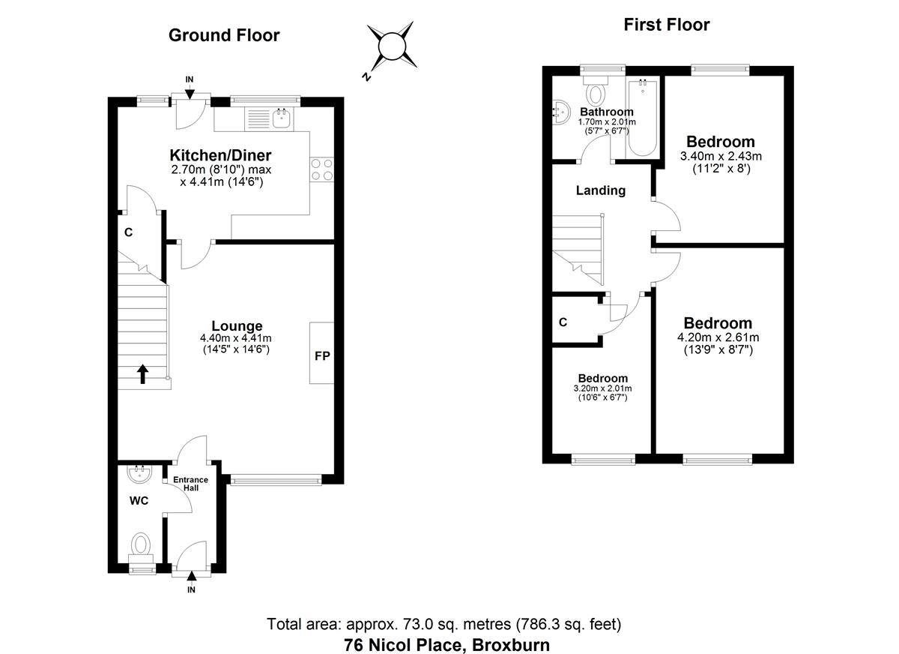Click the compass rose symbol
pyautogui.click(x=390, y=47)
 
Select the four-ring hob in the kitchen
pyautogui.click(x=321, y=169)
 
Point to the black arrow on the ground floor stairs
pyautogui.click(x=143, y=373)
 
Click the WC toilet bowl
pyautogui.click(x=141, y=543)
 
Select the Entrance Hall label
pyautogui.click(x=190, y=483)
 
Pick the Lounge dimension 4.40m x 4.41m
pyautogui.click(x=237, y=338)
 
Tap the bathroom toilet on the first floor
pyautogui.click(x=596, y=93)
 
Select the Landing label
pyautogui.click(x=600, y=190)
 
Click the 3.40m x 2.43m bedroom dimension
pyautogui.click(x=720, y=157)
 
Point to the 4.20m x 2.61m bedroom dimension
pyautogui.click(x=718, y=337)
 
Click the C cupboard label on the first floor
pyautogui.click(x=563, y=322)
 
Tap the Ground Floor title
pyautogui.click(x=224, y=35)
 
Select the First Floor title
pyautogui.click(x=666, y=25)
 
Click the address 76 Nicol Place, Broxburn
pyautogui.click(x=447, y=644)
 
